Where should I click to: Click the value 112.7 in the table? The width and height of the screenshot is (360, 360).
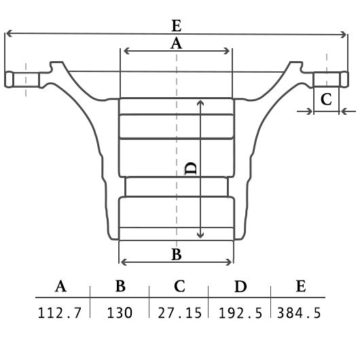(x=60, y=313)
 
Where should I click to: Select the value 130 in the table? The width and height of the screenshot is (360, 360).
(x=120, y=313)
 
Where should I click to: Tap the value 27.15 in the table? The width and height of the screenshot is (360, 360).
(x=180, y=313)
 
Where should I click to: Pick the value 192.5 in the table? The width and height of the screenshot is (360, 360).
(x=240, y=313)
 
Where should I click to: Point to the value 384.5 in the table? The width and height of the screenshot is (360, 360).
(x=299, y=313)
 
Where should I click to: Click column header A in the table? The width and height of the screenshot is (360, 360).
(x=60, y=286)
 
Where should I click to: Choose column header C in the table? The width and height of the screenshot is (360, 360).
(x=179, y=286)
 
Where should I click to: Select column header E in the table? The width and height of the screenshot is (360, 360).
(x=301, y=286)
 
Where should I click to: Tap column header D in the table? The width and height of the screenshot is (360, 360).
(x=240, y=286)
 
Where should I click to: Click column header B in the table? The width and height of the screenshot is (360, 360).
(x=120, y=286)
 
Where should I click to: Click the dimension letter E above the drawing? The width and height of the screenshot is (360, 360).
(x=177, y=26)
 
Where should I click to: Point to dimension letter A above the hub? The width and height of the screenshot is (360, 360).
(x=176, y=43)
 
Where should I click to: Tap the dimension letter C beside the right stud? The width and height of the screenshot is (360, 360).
(x=326, y=99)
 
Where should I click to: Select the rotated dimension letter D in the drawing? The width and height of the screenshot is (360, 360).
(x=191, y=168)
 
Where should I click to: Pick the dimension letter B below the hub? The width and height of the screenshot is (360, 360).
(x=177, y=255)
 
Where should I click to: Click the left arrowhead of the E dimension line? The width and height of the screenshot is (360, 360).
(x=8, y=33)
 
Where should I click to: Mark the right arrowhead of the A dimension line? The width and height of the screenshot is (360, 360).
(x=227, y=51)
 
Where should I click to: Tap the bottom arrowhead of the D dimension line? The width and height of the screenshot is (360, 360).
(x=200, y=236)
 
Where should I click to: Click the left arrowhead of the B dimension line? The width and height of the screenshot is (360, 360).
(x=124, y=262)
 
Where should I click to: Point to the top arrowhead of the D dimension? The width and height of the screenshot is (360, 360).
(x=200, y=103)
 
